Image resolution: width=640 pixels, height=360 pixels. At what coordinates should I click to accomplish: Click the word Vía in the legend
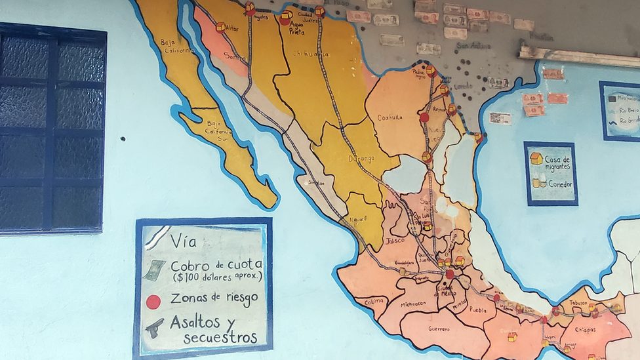[183, 241]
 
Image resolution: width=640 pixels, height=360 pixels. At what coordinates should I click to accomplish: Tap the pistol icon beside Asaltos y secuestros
[155, 327]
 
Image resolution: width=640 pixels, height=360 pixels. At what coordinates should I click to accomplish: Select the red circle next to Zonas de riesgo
[153, 302]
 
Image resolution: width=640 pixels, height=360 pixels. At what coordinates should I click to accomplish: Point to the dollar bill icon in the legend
[154, 270]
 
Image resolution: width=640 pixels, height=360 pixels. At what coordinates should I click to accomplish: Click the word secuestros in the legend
[220, 338]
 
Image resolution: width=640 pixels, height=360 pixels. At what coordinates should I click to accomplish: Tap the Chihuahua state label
[310, 54]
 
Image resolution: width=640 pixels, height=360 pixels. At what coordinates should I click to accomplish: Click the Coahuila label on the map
[390, 118]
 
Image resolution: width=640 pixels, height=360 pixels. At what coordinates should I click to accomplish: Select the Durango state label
[362, 159]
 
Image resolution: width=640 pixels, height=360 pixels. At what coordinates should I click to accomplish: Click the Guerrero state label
[439, 329]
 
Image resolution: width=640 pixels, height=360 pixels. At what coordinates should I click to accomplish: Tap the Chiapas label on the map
[585, 330]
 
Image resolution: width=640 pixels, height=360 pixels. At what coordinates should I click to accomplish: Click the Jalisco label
[395, 241]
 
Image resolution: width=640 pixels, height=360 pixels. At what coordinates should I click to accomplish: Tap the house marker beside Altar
[220, 27]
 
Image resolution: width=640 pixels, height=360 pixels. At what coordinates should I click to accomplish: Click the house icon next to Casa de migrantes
[536, 159]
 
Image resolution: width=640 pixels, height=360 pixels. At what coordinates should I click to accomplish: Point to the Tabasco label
[577, 304]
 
